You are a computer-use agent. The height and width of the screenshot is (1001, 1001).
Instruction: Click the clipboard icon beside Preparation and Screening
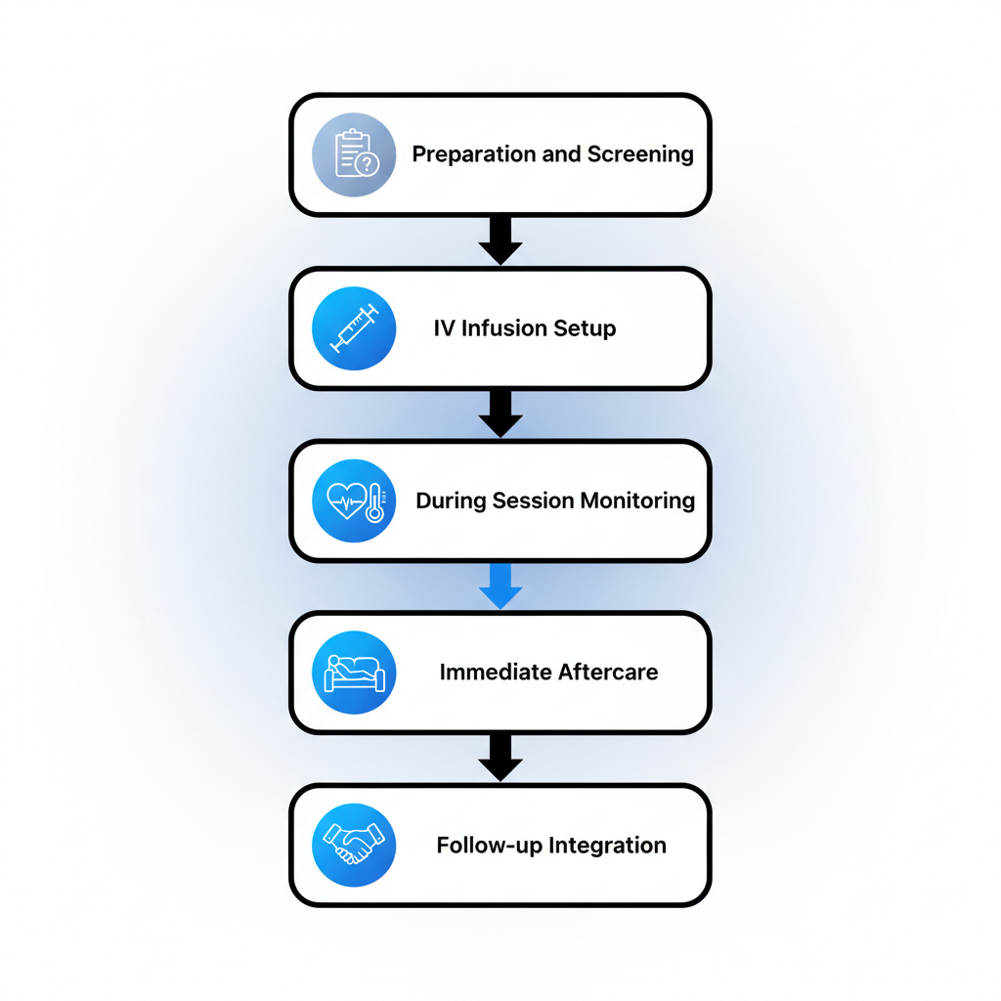pos(353,154)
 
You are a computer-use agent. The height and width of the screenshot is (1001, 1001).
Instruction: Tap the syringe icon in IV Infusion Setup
pos(353,327)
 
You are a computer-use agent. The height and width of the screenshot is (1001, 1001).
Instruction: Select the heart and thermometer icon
pos(353,500)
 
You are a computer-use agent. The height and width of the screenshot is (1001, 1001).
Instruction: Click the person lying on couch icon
pos(353,673)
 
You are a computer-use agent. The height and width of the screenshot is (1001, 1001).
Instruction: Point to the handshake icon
pos(353,845)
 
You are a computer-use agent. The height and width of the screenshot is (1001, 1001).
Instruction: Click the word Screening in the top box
pos(640,154)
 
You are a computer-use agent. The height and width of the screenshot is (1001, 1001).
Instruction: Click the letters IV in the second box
pos(444,328)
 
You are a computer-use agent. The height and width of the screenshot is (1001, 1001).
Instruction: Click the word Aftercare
pos(608,673)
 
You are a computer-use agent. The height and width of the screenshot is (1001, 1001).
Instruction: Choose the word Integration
pos(607,846)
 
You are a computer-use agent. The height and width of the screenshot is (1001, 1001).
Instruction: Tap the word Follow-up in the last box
pos(489,846)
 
